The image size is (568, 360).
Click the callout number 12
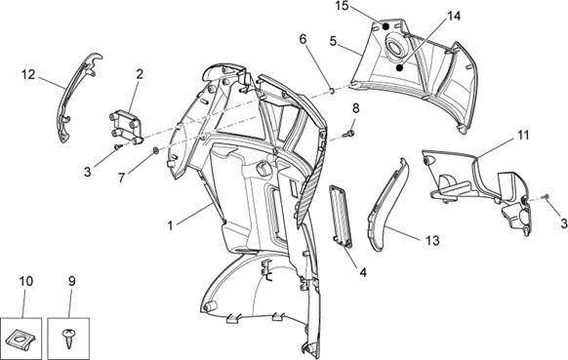(x=28, y=74)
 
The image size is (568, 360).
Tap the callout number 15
(x=342, y=6)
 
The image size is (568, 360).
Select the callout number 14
(x=454, y=17)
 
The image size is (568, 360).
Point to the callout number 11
(x=523, y=136)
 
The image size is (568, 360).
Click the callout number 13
(x=432, y=240)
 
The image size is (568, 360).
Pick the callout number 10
(x=26, y=281)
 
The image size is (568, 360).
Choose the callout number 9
(x=71, y=281)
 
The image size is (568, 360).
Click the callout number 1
(x=170, y=225)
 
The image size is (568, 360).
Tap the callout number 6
(x=303, y=39)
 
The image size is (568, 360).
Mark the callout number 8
(x=355, y=108)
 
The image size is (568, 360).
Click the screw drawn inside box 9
(x=67, y=338)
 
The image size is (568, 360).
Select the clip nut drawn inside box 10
(x=21, y=339)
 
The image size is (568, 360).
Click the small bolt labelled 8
(x=349, y=135)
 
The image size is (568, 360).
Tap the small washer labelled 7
(x=155, y=150)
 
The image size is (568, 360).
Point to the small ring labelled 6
(x=331, y=90)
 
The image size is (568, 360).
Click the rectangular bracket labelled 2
(x=125, y=128)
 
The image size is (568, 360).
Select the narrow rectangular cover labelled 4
(x=341, y=217)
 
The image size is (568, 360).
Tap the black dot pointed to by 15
(x=386, y=26)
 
